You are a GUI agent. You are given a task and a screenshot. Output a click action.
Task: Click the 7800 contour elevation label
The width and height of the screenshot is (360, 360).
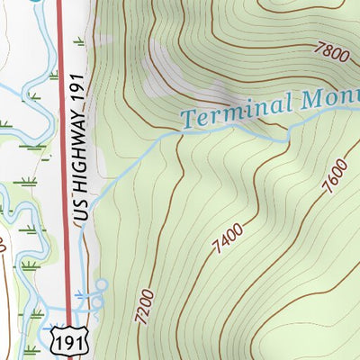[x=330, y=53]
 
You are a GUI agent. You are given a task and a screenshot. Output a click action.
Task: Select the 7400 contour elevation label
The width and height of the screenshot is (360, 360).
[x=229, y=237]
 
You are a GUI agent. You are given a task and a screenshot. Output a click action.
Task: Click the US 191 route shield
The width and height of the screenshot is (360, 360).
[x=69, y=340]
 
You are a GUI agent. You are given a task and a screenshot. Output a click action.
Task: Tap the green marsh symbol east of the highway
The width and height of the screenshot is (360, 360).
[x=80, y=41]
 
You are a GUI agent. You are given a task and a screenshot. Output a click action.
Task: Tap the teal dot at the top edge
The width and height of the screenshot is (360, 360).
[x=36, y=2]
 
